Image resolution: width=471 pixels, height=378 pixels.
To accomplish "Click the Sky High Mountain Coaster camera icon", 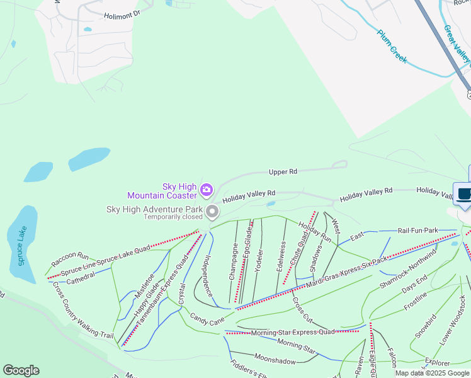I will [206, 190].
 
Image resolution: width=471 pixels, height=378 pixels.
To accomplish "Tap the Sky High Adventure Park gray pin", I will [213, 212].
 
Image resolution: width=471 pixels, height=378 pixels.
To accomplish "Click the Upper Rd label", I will [283, 171].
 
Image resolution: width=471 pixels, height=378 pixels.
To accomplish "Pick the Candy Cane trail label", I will [207, 321].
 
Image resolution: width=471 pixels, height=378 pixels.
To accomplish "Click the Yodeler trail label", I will [259, 258].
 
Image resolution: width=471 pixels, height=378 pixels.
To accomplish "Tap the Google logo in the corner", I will [21, 370].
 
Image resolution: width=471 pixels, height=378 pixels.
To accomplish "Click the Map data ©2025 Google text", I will [432, 373].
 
